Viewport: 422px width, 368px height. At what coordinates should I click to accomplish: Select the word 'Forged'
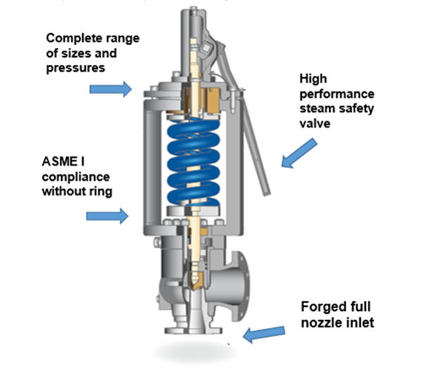[x=318, y=307]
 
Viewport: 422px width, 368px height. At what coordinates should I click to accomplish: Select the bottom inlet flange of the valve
[x=190, y=329]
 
